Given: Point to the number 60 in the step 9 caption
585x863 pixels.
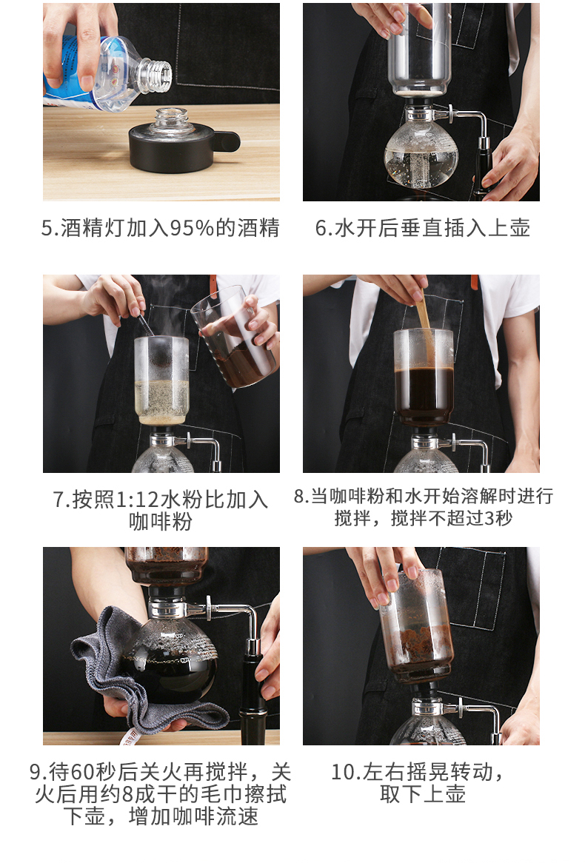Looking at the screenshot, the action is [x=81, y=772].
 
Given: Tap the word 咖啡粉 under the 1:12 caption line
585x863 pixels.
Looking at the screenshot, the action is [x=160, y=521].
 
